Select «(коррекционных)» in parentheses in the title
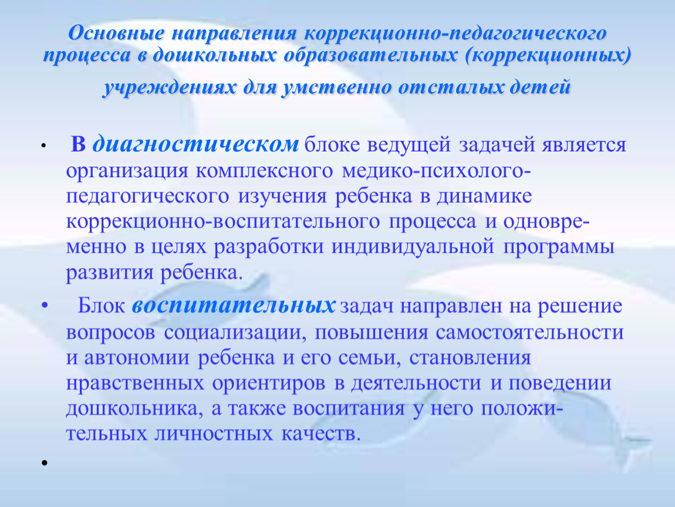pyautogui.click(x=548, y=56)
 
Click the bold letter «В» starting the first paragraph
pyautogui.click(x=78, y=144)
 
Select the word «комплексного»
pyautogui.click(x=265, y=171)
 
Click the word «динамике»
pyautogui.click(x=485, y=197)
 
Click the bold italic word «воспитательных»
pyautogui.click(x=234, y=306)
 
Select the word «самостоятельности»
pyautogui.click(x=529, y=332)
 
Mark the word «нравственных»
pyautogui.click(x=135, y=383)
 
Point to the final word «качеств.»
pyautogui.click(x=320, y=434)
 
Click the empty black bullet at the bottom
pyautogui.click(x=44, y=462)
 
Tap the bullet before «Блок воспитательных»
pyautogui.click(x=45, y=306)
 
